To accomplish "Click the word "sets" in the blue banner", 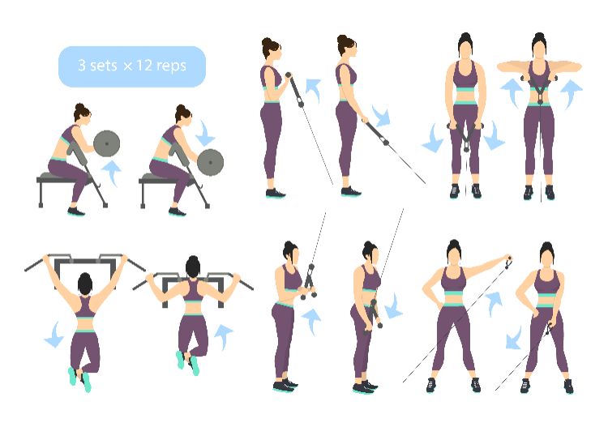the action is tap(103, 65).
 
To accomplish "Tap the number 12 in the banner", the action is tap(143, 65).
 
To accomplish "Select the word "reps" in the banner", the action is tap(171, 66).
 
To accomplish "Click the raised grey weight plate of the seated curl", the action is tap(107, 143).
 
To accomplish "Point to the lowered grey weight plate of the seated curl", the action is tap(210, 162).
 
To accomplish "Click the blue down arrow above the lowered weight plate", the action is tap(205, 133).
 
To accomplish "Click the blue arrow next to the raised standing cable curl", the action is tap(313, 89).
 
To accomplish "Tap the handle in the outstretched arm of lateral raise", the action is tap(508, 262).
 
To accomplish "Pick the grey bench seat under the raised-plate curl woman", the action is tap(64, 179).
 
